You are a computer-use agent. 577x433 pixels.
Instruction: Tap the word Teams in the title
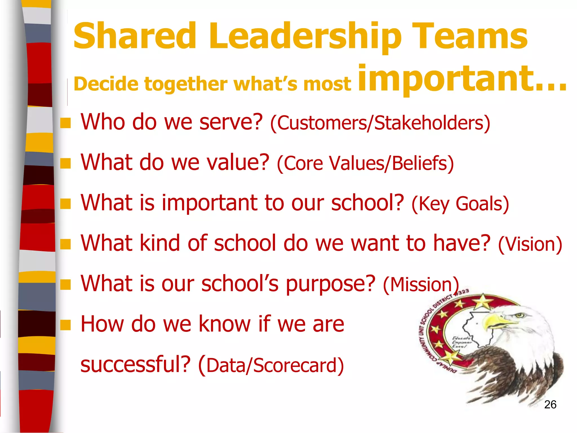tap(469, 36)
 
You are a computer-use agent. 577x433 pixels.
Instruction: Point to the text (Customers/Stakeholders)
tap(380, 123)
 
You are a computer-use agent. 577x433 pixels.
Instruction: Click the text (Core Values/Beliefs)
tap(365, 164)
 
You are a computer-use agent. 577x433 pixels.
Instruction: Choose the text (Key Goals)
tap(460, 204)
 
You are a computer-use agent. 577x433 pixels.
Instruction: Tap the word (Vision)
tap(530, 244)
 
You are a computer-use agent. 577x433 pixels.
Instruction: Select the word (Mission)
tap(421, 284)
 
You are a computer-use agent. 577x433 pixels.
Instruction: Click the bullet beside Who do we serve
tap(65, 123)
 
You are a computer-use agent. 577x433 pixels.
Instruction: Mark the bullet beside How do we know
tap(65, 325)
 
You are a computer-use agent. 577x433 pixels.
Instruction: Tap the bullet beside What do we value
tap(65, 163)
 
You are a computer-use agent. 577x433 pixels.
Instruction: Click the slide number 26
tap(550, 405)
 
